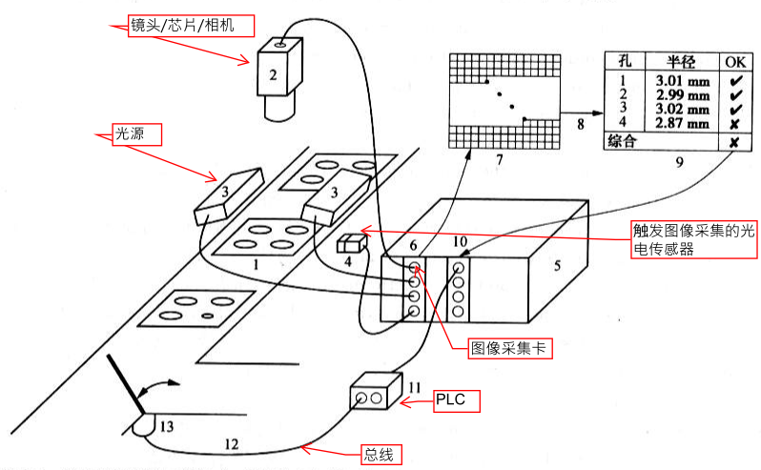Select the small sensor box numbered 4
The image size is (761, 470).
click(x=350, y=244)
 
